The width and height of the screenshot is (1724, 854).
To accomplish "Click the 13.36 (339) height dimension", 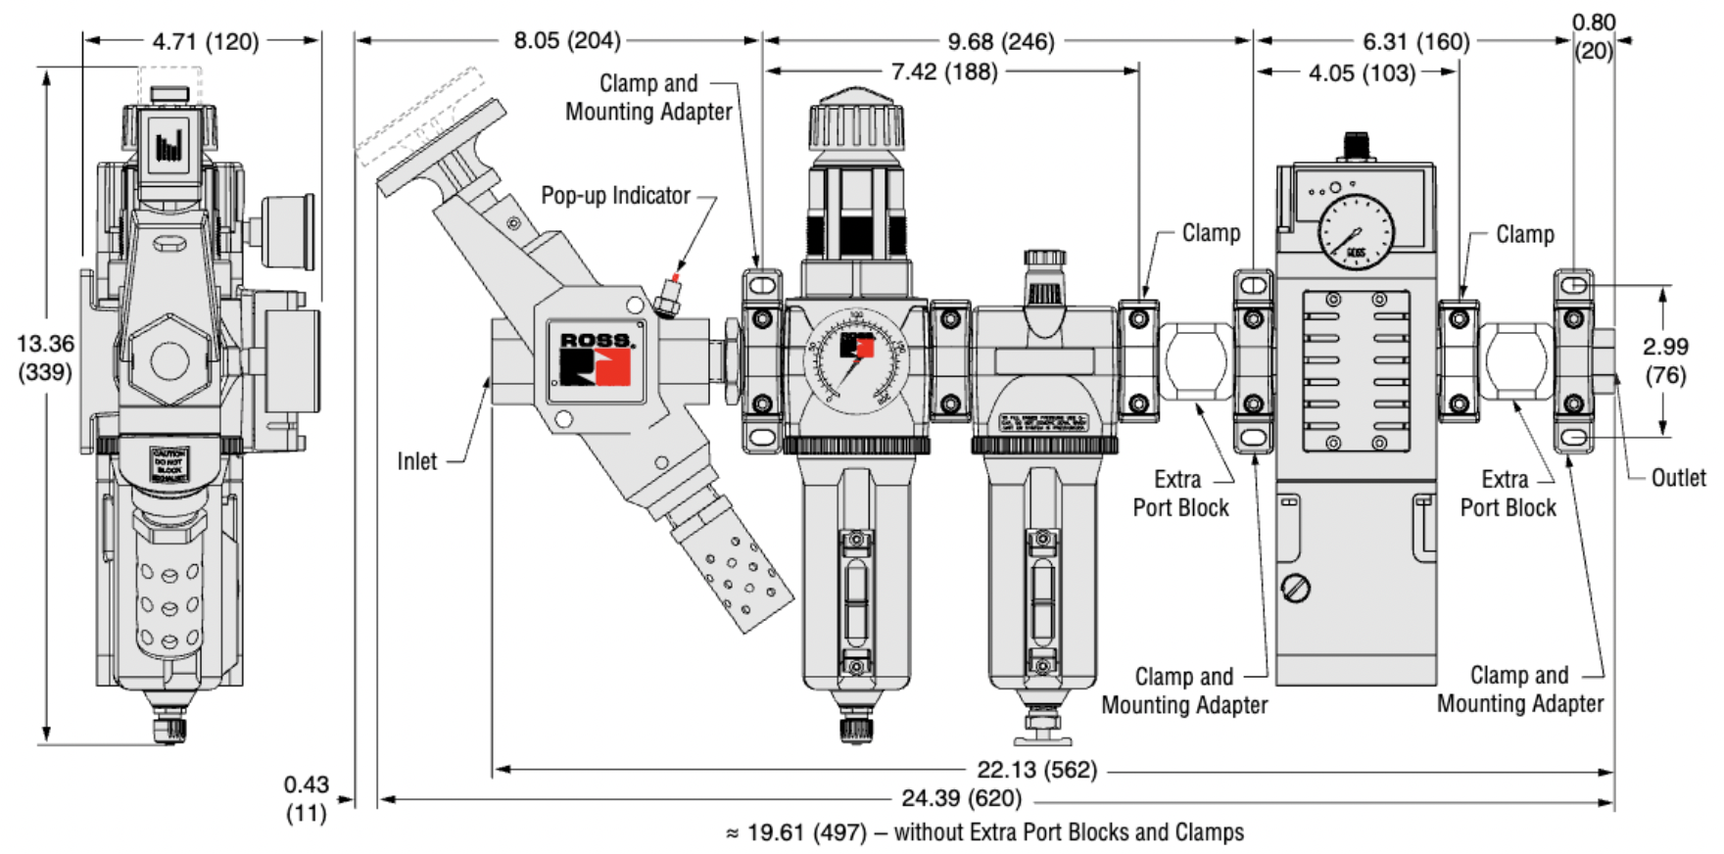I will click(45, 357).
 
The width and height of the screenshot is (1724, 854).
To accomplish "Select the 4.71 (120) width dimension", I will click(205, 41).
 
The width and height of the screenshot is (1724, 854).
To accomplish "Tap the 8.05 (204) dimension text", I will click(566, 40).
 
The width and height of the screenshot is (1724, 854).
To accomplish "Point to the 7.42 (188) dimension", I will click(943, 71).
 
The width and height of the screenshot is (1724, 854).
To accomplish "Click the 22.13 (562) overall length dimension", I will click(1036, 770).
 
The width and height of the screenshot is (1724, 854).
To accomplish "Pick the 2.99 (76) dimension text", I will click(1665, 359).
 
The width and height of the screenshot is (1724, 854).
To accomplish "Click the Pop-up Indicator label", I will click(615, 196).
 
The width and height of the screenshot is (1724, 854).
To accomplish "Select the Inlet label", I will click(417, 461).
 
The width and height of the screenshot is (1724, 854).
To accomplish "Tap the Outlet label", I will click(1678, 478).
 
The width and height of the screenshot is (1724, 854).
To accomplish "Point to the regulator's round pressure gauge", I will click(856, 359).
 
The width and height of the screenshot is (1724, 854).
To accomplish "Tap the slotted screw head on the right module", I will click(1296, 588).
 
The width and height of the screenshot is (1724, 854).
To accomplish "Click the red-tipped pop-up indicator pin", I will click(671, 291).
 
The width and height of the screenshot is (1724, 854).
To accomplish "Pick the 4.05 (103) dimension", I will click(1362, 73).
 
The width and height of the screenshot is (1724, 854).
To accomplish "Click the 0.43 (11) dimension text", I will click(306, 798).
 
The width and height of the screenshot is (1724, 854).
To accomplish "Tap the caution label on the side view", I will click(169, 465).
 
